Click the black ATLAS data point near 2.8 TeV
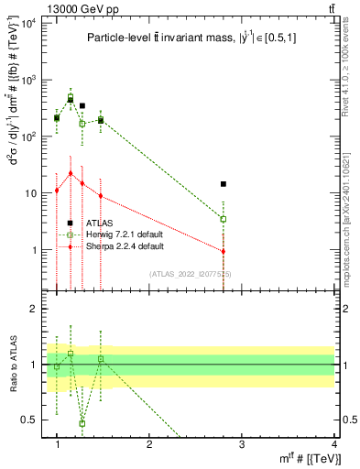pos(224,184)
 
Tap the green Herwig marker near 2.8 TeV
pos(224,219)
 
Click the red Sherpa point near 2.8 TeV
pos(224,251)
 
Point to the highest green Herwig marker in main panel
pos(71,96)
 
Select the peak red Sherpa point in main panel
pos(71,172)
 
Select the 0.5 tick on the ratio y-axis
pos(36,420)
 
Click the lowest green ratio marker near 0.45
pos(82,423)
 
